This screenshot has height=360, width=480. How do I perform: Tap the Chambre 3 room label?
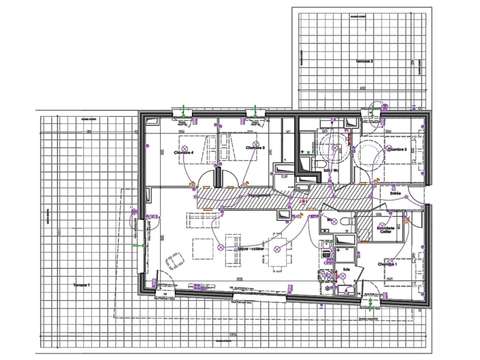255,148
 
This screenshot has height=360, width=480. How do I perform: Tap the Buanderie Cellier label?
386,230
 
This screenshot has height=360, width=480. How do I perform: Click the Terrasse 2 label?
364,61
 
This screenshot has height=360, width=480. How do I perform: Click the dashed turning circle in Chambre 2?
371,155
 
